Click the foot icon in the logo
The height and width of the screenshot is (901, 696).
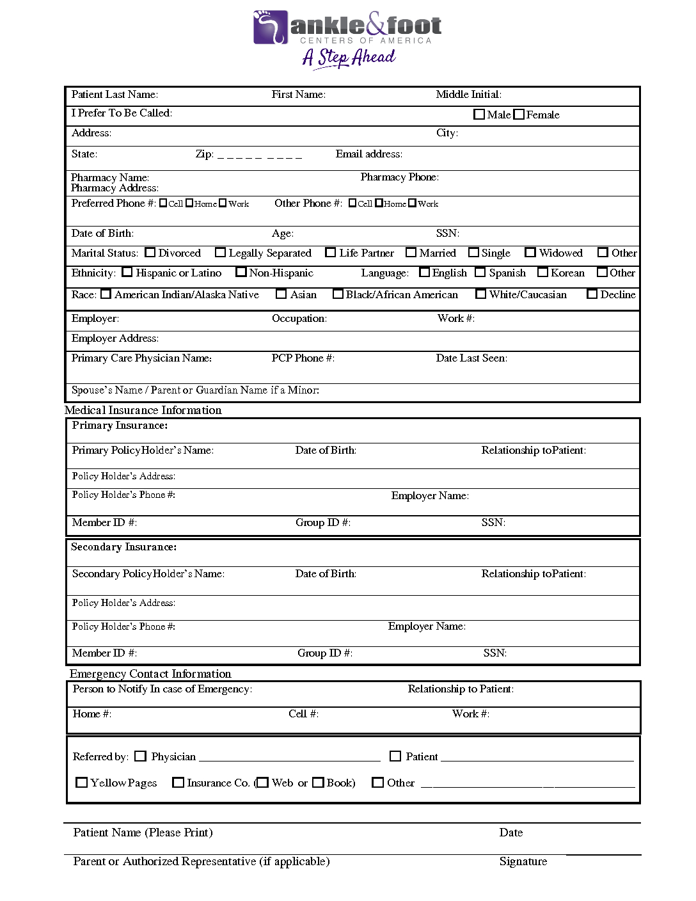click(271, 27)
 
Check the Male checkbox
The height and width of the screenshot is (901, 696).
click(479, 115)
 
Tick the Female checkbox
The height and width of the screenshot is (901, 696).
click(519, 115)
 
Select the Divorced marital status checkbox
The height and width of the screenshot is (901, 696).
click(150, 253)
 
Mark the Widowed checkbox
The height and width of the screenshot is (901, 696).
click(530, 253)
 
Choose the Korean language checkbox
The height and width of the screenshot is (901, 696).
click(543, 273)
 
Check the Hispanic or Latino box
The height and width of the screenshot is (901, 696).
click(127, 273)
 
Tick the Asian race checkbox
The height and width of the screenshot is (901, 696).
click(281, 294)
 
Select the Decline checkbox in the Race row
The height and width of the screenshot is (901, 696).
click(592, 294)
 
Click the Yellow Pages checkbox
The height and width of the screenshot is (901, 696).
click(82, 783)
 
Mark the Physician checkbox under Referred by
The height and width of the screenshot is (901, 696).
click(141, 756)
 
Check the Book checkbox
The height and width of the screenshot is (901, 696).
click(319, 783)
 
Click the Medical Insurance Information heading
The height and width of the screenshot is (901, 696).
click(143, 410)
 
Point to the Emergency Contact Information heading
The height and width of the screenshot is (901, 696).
click(150, 674)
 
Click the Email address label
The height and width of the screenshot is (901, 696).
click(369, 154)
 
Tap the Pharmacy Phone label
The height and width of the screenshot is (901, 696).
click(399, 177)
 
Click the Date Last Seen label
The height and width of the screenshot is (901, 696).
click(471, 358)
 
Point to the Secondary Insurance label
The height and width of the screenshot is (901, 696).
click(124, 547)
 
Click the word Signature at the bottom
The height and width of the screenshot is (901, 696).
click(523, 861)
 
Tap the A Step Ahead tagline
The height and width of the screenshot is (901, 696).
click(349, 58)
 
